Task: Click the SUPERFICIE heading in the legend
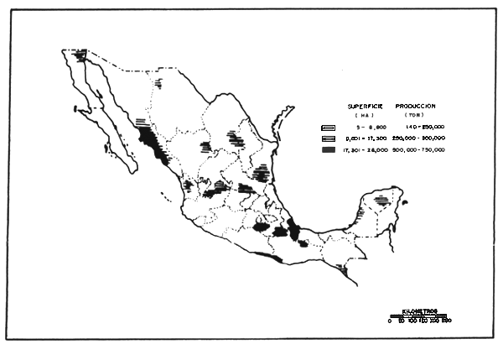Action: point(364,107)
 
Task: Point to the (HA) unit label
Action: point(364,116)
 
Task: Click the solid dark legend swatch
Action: point(329,149)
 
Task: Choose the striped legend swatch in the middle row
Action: point(329,138)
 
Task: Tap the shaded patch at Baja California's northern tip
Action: point(80,55)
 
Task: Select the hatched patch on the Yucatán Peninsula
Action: point(382,200)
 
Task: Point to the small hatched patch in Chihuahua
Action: point(158,82)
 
